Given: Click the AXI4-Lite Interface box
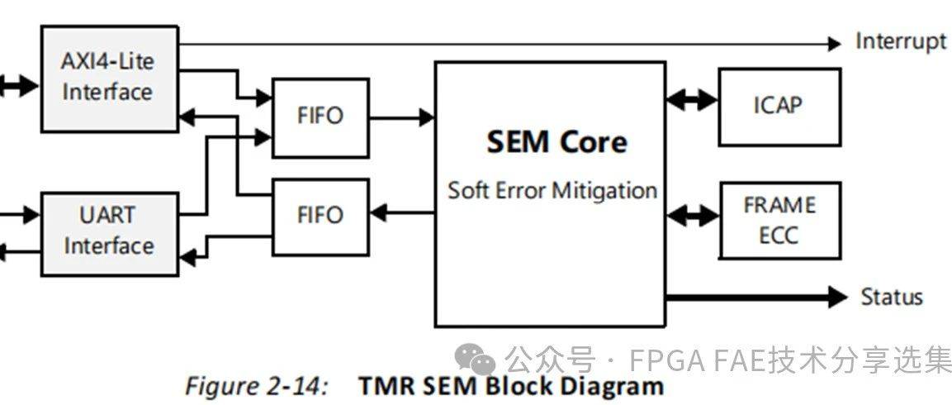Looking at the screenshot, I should (x=109, y=78).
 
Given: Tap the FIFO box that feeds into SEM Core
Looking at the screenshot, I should (x=320, y=117).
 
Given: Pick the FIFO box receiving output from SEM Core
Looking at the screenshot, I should (x=320, y=216).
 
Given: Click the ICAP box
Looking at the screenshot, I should (x=779, y=106).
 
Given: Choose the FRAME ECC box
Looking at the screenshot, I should (x=779, y=220).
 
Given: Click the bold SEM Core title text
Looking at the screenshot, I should (x=557, y=142).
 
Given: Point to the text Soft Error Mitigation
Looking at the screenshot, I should (x=552, y=190).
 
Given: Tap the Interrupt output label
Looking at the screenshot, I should (x=901, y=41).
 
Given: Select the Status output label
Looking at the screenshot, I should (x=892, y=297).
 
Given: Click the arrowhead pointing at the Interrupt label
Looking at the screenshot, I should (x=834, y=43).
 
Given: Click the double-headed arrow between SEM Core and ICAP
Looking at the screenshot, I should (x=692, y=101).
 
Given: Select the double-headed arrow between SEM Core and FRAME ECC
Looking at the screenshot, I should (x=692, y=217).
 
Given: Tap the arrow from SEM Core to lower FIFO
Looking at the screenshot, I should (x=401, y=215).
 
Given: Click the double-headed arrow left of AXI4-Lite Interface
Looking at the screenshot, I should (x=18, y=84).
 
